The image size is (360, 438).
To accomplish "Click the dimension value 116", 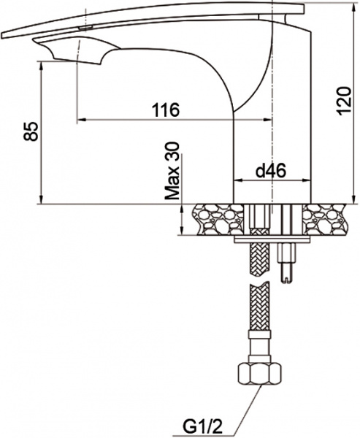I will (166, 109).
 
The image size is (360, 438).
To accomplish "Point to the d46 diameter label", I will (269, 171).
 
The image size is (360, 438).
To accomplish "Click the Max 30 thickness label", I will (172, 172).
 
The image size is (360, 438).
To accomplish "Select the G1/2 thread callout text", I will (198, 426).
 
